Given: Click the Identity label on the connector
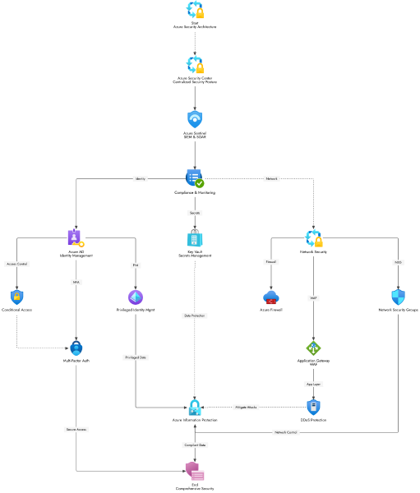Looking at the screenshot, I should click(x=140, y=178).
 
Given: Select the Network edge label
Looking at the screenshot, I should click(x=271, y=178).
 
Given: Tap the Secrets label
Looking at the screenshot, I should click(x=195, y=213).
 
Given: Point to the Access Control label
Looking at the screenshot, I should click(x=17, y=265).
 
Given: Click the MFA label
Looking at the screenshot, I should click(x=76, y=282).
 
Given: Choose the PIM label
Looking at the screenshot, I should click(x=136, y=265).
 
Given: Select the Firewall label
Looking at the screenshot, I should click(x=271, y=262).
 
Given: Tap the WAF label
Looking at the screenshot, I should click(x=313, y=298).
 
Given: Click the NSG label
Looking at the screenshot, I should click(x=398, y=263).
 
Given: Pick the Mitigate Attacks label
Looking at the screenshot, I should click(x=246, y=408).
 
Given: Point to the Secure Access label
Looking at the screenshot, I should click(x=76, y=430).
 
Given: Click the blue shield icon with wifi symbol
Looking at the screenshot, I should click(x=195, y=119).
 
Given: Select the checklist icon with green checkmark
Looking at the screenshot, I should click(x=195, y=178).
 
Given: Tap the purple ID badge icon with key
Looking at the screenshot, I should click(x=76, y=238).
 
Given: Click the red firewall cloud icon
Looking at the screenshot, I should click(x=271, y=297).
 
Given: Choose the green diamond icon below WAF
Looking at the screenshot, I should click(x=313, y=348).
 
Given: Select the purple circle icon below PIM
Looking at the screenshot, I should click(x=136, y=297).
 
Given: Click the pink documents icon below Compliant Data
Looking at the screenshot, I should click(x=195, y=471).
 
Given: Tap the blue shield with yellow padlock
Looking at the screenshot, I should click(x=16, y=297).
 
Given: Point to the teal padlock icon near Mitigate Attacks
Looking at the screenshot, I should click(x=195, y=407).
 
